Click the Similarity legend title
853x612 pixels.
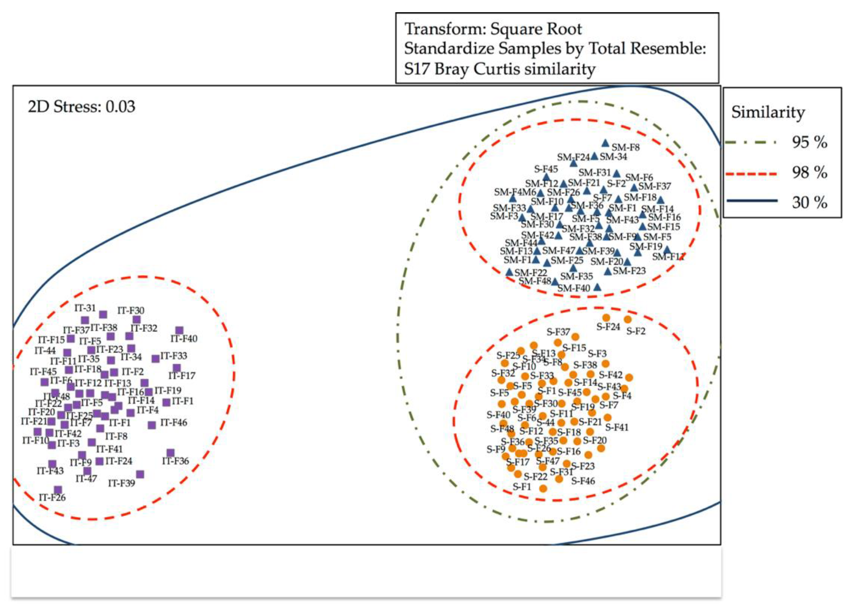[768, 112]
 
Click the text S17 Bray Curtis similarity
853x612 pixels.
[500, 69]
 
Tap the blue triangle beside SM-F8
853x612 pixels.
[605, 143]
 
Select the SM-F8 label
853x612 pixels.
[625, 147]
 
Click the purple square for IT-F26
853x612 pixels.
[58, 490]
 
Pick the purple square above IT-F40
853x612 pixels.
[180, 330]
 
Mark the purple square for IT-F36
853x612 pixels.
[170, 453]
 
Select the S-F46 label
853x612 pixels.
[583, 481]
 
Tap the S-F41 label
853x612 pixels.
[617, 427]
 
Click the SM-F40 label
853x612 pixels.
[574, 288]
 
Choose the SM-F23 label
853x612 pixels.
[629, 271]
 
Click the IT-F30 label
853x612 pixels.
[131, 310]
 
